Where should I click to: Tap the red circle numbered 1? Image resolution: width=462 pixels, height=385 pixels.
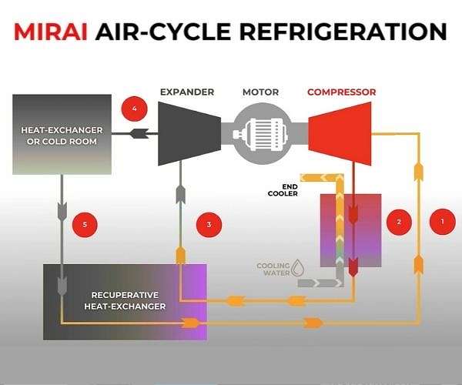click(441, 221)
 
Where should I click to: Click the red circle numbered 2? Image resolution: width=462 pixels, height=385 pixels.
click(398, 223)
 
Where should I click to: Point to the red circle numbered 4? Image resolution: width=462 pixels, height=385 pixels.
click(135, 109)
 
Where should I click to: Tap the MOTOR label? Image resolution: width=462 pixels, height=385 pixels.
click(260, 92)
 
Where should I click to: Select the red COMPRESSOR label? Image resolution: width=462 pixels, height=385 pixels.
click(341, 92)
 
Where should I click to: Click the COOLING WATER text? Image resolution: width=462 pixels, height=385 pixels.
click(273, 269)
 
